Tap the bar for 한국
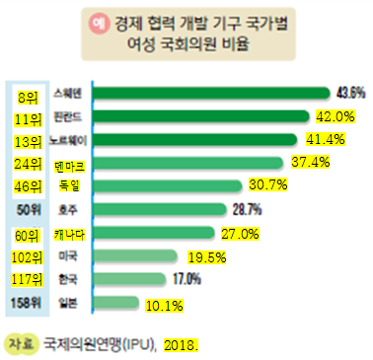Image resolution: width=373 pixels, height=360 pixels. point(139,278)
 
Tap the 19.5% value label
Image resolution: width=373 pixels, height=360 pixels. point(208,255)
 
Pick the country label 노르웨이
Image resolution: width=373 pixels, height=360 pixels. point(70,140)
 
